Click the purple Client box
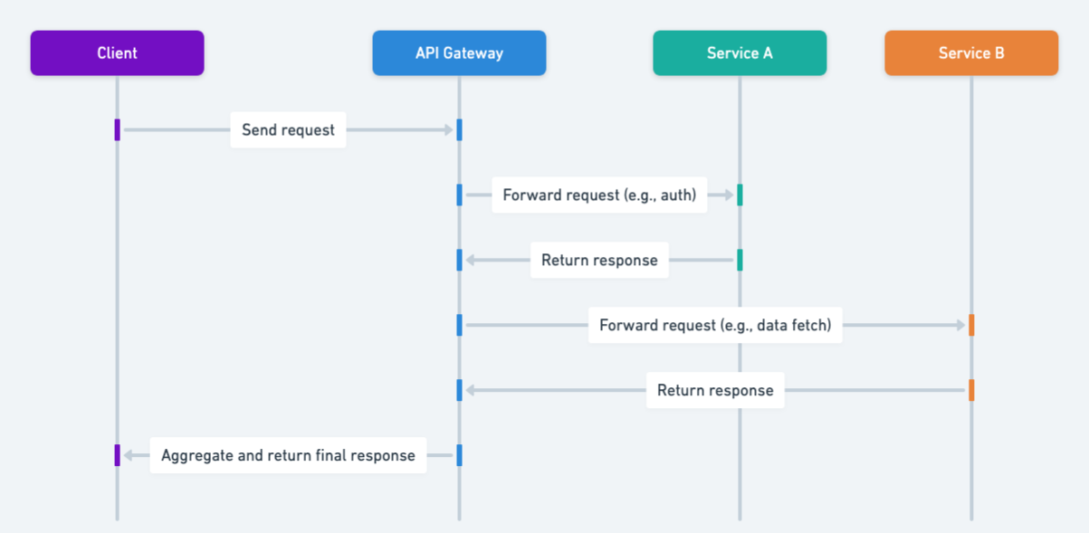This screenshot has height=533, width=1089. tap(117, 52)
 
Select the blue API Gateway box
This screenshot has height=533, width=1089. tap(459, 52)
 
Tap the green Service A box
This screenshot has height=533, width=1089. tap(740, 52)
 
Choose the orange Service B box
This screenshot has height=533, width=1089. tap(971, 52)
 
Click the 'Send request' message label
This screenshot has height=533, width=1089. tap(288, 130)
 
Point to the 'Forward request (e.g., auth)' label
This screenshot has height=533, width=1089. tap(599, 195)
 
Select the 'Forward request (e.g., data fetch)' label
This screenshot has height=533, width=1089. tap(715, 326)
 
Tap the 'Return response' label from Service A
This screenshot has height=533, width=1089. tap(599, 261)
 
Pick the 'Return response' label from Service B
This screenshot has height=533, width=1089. tap(715, 391)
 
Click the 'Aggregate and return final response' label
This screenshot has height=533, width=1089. tap(288, 456)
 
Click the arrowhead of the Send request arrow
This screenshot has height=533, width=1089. tap(448, 130)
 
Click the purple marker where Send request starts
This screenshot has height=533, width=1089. tap(118, 130)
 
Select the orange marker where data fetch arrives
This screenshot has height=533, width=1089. tap(971, 326)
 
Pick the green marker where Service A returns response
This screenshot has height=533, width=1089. tap(740, 261)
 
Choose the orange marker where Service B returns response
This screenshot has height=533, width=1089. tap(971, 391)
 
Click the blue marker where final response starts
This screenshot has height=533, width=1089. tap(459, 456)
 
